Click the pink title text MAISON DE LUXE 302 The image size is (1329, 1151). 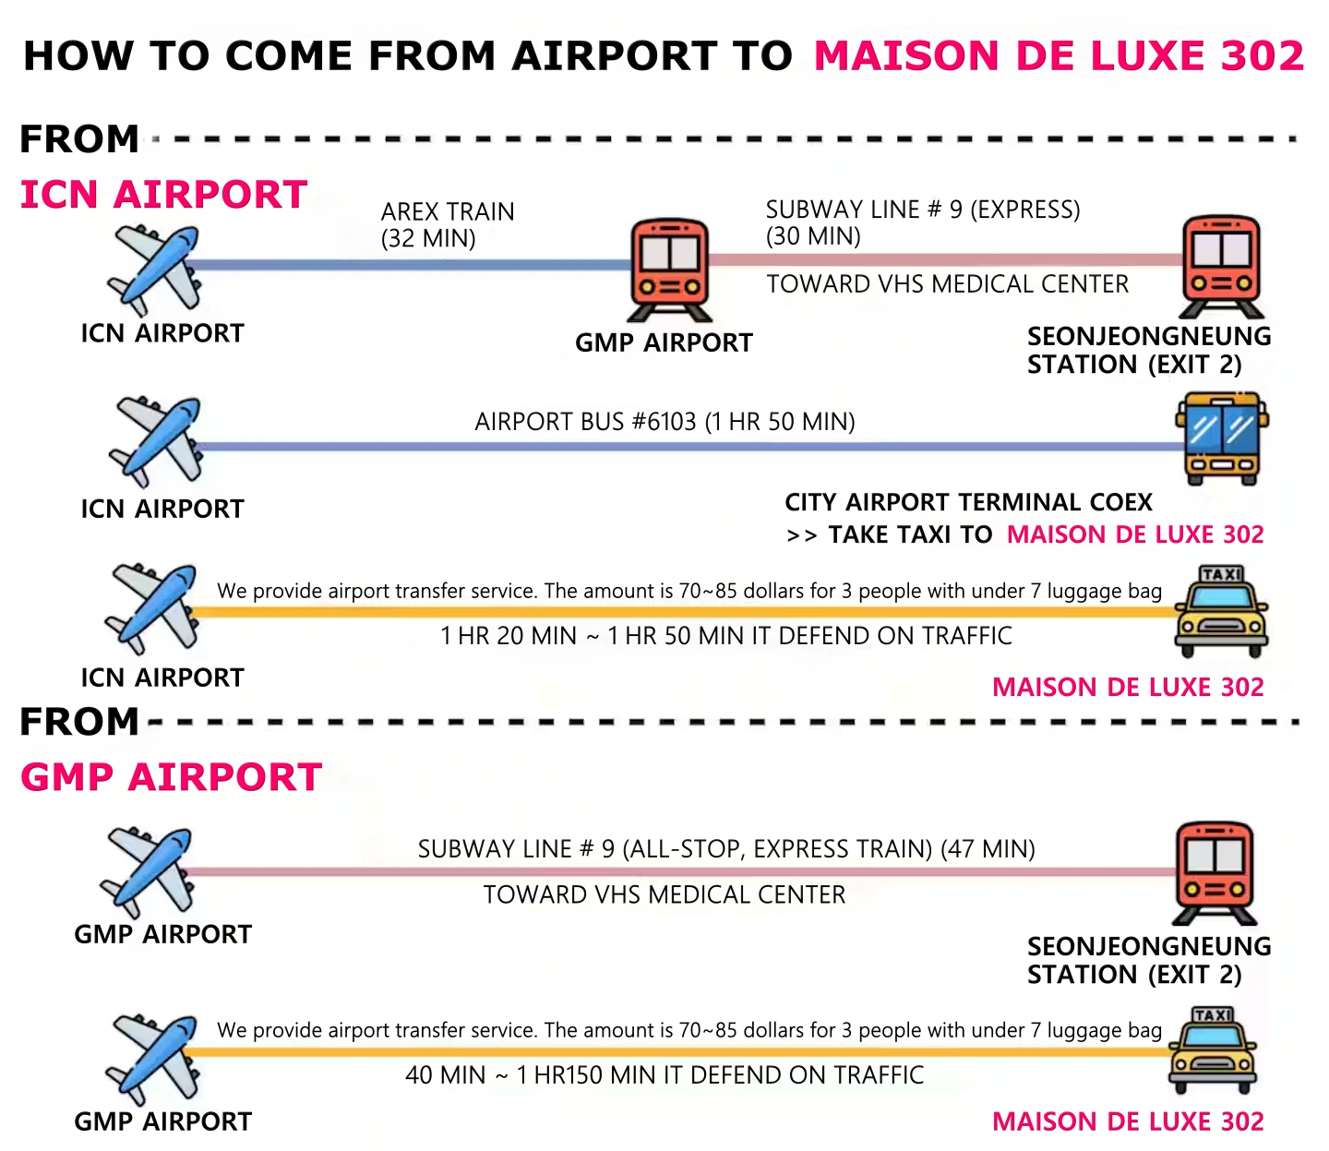tap(1059, 56)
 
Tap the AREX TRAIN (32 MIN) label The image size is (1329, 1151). tap(448, 225)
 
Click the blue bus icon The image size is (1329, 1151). tap(1221, 439)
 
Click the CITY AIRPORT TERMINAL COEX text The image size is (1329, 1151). tap(968, 502)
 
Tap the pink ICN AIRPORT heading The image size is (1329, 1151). tap(163, 195)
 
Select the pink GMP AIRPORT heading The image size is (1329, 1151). tap(171, 777)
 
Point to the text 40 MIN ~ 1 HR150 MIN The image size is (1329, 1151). tap(664, 1075)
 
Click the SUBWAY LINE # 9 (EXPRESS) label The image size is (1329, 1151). tap(923, 210)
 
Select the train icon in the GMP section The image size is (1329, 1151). tap(1215, 873)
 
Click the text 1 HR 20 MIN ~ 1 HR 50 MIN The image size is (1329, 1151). tap(725, 636)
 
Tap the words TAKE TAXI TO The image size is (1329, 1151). tap(910, 535)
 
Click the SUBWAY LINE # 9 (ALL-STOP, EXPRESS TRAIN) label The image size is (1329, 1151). tap(726, 849)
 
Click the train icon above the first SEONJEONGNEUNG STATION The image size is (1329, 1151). tap(1221, 266)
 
